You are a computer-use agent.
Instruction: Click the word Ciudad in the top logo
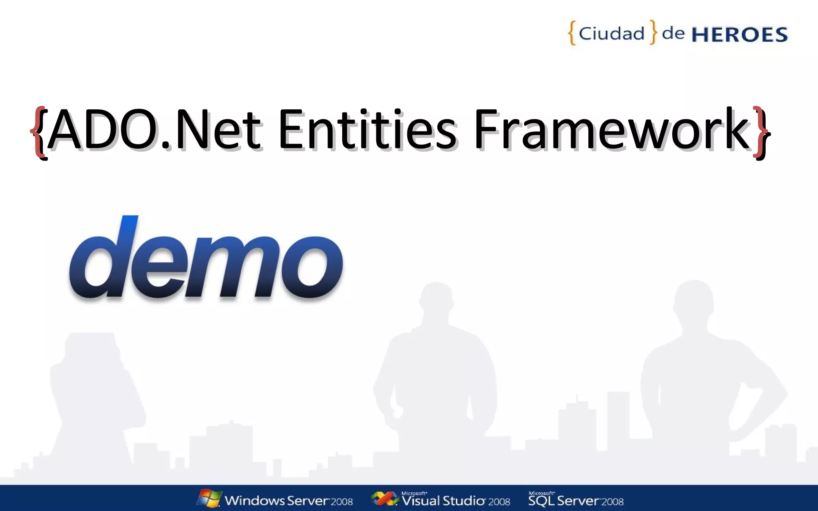(612, 34)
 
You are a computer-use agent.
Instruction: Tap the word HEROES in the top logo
(739, 35)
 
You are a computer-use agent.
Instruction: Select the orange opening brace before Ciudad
(572, 33)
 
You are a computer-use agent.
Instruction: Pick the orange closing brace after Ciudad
(653, 32)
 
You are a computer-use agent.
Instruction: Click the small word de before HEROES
(673, 33)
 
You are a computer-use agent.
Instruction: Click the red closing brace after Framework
(761, 132)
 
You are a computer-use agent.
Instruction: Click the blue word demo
(206, 259)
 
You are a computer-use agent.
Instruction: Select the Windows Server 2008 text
(288, 501)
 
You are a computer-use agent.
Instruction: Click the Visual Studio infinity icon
(384, 499)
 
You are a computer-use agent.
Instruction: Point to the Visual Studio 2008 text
(456, 501)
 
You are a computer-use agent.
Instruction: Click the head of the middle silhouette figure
(437, 299)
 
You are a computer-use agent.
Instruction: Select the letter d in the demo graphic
(102, 259)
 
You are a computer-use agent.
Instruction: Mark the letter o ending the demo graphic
(312, 265)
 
